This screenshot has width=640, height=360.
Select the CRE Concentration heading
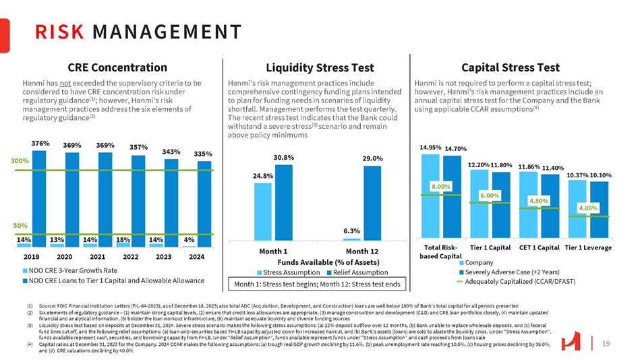pyautogui.click(x=117, y=67)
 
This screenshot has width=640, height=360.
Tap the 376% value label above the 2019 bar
pyautogui.click(x=39, y=143)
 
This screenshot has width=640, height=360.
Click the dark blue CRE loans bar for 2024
pyautogui.click(x=204, y=202)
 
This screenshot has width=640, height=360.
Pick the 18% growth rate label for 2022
pyautogui.click(x=123, y=239)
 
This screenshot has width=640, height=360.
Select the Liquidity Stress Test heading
pyautogui.click(x=310, y=67)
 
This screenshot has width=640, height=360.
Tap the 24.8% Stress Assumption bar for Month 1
pyautogui.click(x=262, y=210)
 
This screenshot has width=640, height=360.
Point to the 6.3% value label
pyautogui.click(x=351, y=231)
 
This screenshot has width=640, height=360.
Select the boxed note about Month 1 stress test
pyautogui.click(x=316, y=285)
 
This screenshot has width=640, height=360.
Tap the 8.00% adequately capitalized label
pyautogui.click(x=441, y=185)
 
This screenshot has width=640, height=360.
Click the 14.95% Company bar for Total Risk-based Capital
pyautogui.click(x=430, y=196)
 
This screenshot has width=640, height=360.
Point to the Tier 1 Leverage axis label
pyautogui.click(x=588, y=247)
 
